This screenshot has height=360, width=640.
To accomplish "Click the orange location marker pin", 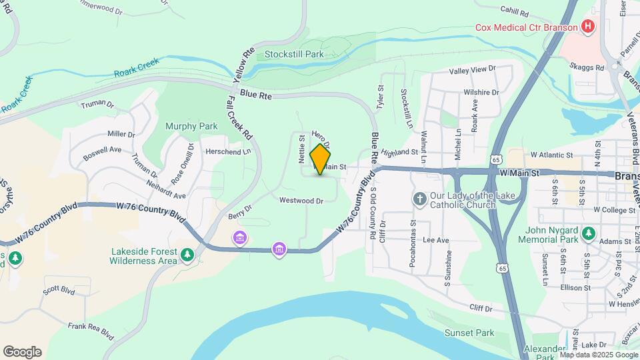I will point(321,159).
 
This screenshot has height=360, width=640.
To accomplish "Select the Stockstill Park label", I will point(293,54).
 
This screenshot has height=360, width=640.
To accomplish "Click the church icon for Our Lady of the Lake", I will point(420,198).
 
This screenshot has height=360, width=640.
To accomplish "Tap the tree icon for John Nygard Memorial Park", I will point(588,233).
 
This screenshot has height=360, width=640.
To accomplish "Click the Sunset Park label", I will point(470,332).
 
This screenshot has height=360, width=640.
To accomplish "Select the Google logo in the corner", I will point(22,351).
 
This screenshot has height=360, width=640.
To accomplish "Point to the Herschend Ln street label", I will point(228,151).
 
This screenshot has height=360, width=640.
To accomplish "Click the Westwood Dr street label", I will point(301,200).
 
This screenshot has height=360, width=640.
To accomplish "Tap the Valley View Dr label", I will point(473,69).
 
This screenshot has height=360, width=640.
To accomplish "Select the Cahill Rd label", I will point(514,12).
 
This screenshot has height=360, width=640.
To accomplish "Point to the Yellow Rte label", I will point(244,64).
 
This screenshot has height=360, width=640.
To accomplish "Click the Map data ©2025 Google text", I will point(599,355).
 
